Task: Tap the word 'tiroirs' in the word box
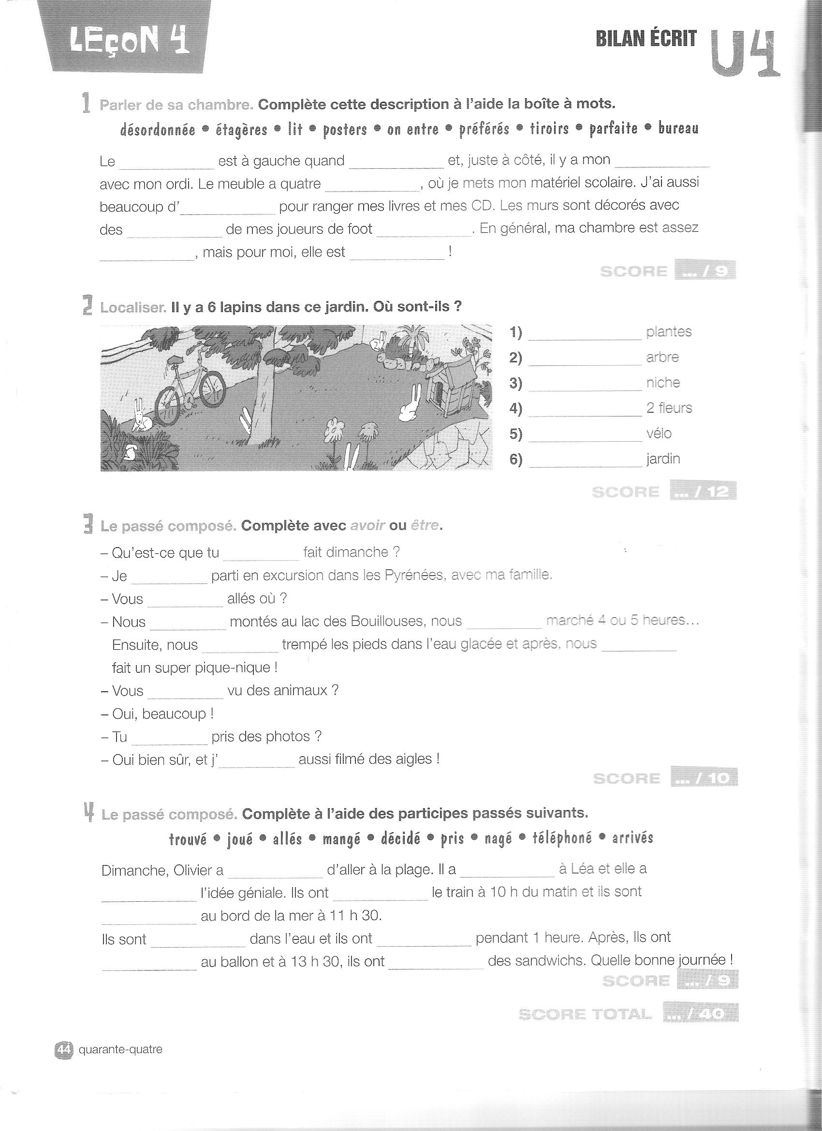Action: (x=549, y=129)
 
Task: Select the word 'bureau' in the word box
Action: (x=678, y=128)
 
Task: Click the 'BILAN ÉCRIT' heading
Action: (x=646, y=39)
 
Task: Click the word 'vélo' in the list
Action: (x=659, y=433)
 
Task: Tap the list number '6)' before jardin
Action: (x=515, y=459)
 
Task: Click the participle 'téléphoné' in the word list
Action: (x=562, y=838)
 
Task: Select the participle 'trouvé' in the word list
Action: (x=188, y=839)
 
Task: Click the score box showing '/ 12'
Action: (x=704, y=492)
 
